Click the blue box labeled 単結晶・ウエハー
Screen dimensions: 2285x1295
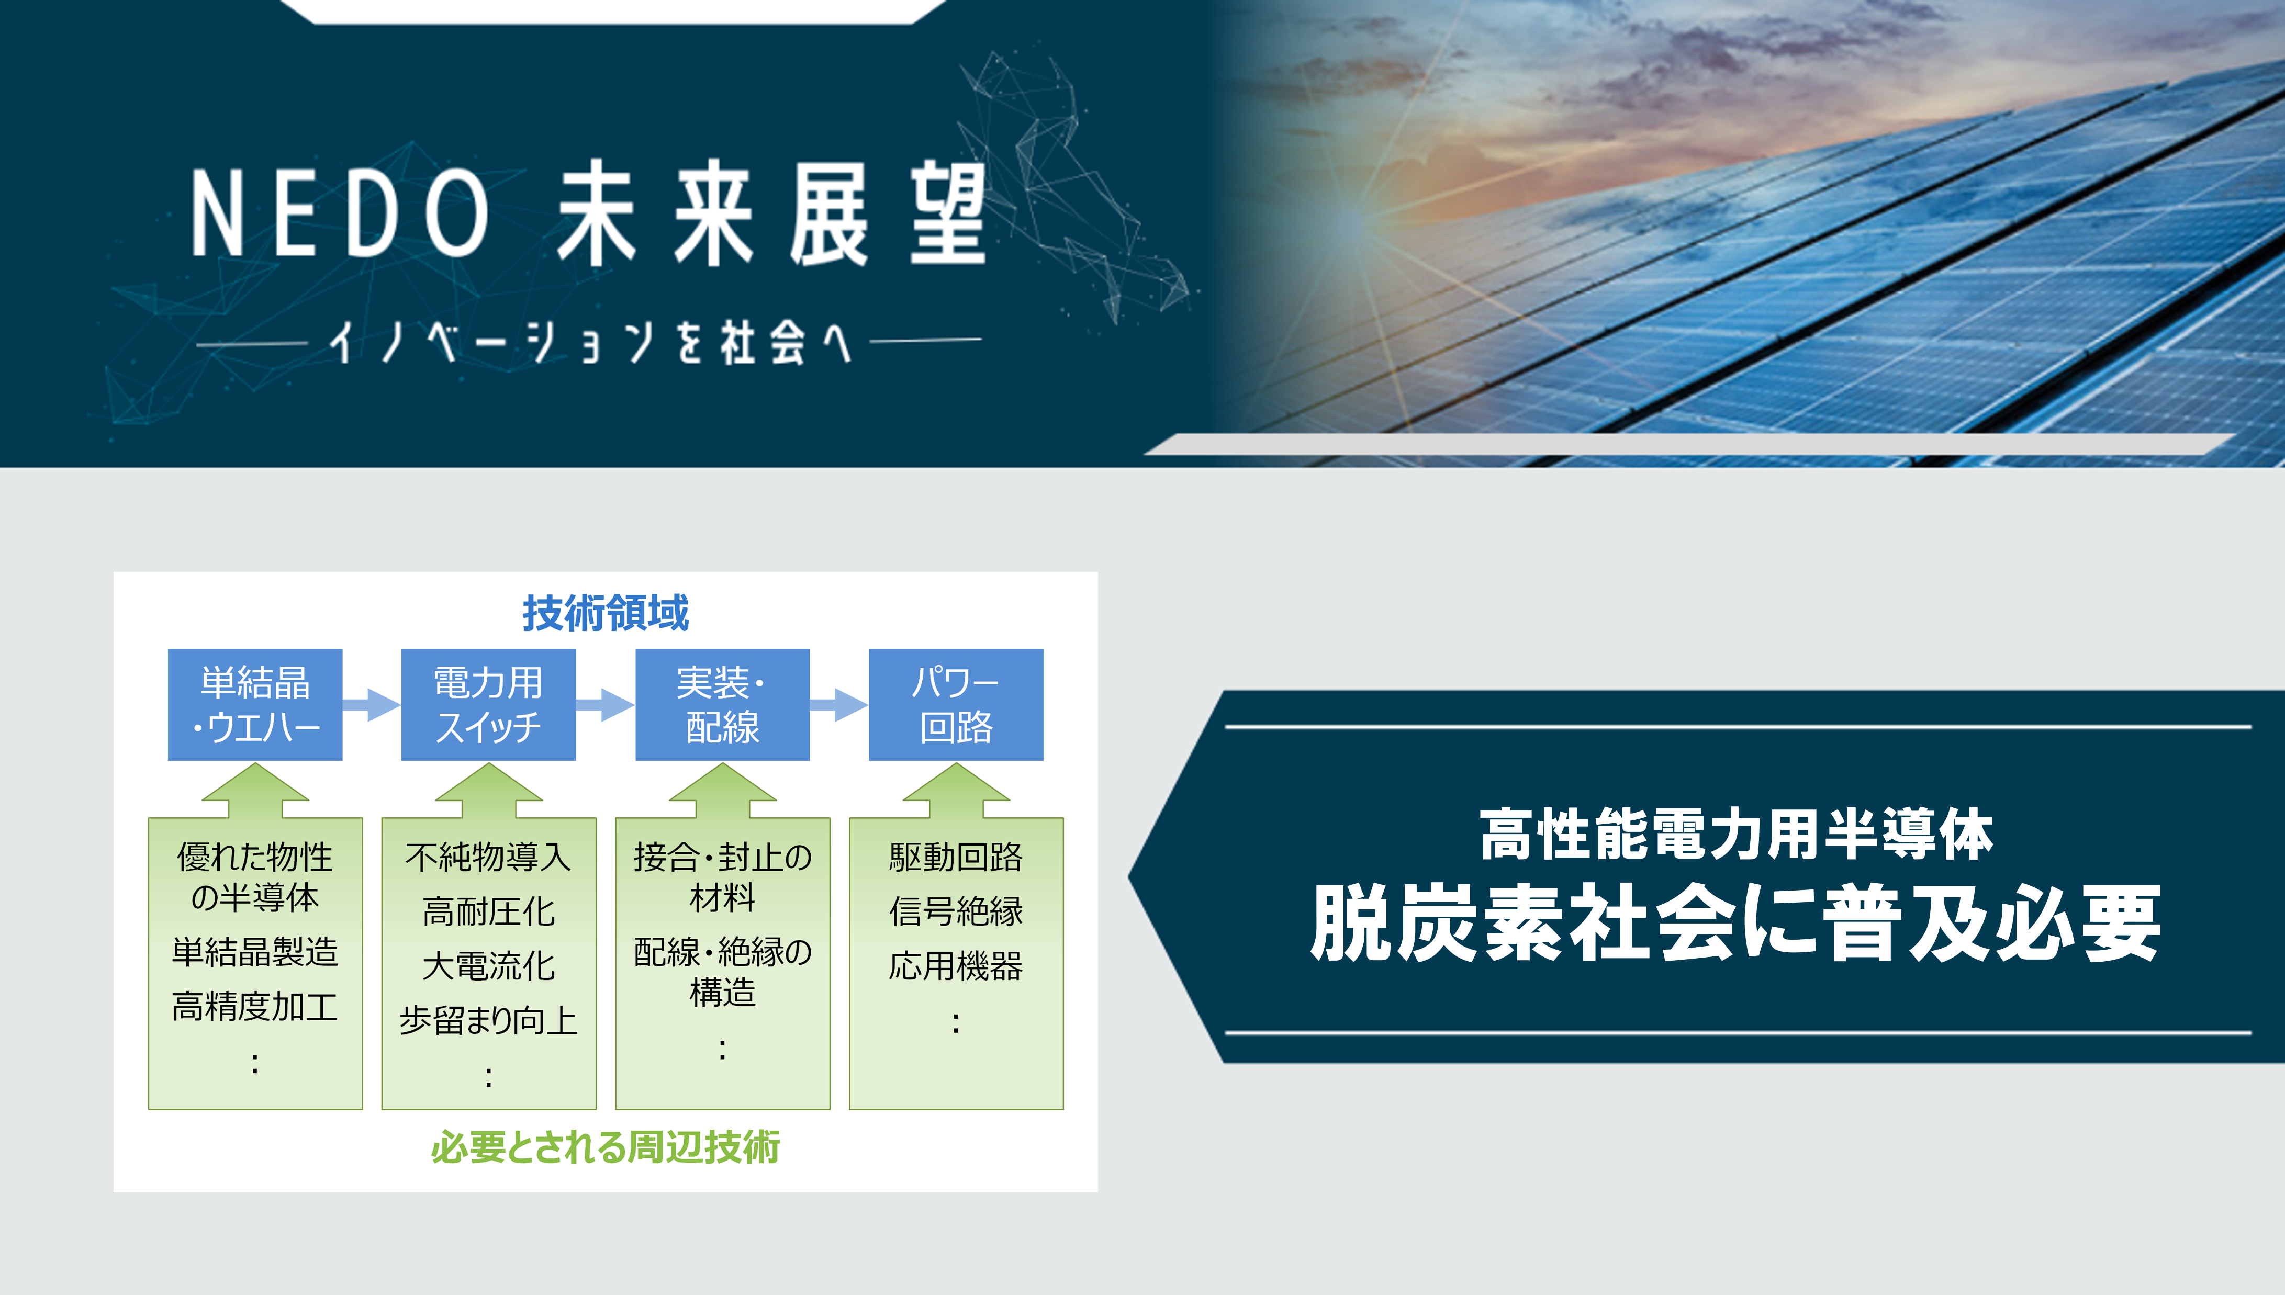255,704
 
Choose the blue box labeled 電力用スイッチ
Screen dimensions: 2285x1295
488,704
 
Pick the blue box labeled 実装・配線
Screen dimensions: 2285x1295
722,704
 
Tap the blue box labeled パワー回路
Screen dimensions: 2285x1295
956,704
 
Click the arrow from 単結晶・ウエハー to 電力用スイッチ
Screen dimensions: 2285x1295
372,704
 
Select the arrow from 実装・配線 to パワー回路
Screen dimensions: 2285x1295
839,704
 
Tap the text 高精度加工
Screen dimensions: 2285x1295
255,1007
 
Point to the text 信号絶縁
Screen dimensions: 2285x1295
956,911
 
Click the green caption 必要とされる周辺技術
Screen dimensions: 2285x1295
606,1147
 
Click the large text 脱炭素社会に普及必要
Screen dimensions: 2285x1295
1735,923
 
